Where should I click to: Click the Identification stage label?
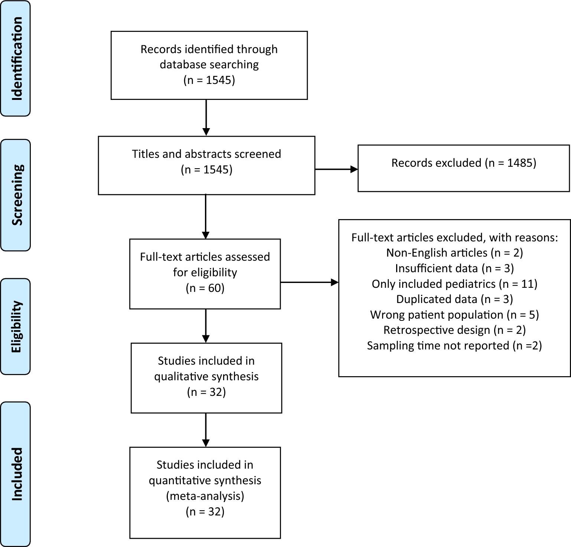pyautogui.click(x=16, y=59)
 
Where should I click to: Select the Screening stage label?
pyautogui.click(x=16, y=195)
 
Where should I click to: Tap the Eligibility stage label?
pyautogui.click(x=16, y=326)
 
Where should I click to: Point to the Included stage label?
pyautogui.click(x=16, y=474)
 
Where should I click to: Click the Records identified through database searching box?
pyautogui.click(x=209, y=65)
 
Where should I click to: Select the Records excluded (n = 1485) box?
pyautogui.click(x=463, y=168)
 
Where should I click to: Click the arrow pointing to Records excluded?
pyautogui.click(x=336, y=169)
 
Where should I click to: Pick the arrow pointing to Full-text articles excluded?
pyautogui.click(x=309, y=282)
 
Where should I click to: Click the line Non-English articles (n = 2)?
pyautogui.click(x=454, y=253)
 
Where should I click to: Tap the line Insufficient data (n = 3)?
pyautogui.click(x=454, y=268)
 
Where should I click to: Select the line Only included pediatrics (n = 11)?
pyautogui.click(x=454, y=284)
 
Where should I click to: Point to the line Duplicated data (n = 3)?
pyautogui.click(x=454, y=299)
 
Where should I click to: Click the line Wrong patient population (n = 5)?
pyautogui.click(x=454, y=315)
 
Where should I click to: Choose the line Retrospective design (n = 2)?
pyautogui.click(x=454, y=330)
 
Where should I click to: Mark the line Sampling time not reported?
pyautogui.click(x=454, y=346)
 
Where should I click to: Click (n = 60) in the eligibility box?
pyautogui.click(x=205, y=288)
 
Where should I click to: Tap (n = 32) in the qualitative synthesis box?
pyautogui.click(x=206, y=392)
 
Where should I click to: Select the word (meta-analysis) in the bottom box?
pyautogui.click(x=205, y=496)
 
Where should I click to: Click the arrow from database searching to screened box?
pyautogui.click(x=206, y=117)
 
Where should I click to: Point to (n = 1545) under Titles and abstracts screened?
pyautogui.click(x=206, y=170)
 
